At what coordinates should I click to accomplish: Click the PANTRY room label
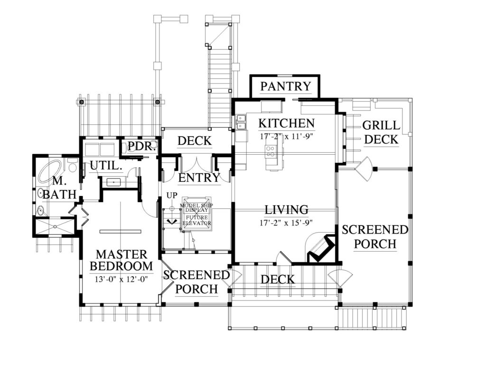tap(285, 86)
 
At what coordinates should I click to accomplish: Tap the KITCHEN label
tap(286, 123)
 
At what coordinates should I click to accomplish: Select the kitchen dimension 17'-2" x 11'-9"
tap(286, 136)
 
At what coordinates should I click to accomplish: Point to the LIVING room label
tap(286, 209)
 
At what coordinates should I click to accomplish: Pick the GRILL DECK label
tap(381, 132)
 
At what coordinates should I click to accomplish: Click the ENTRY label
tap(199, 178)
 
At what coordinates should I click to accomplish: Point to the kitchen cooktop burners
tap(271, 151)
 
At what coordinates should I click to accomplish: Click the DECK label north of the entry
tap(194, 141)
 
